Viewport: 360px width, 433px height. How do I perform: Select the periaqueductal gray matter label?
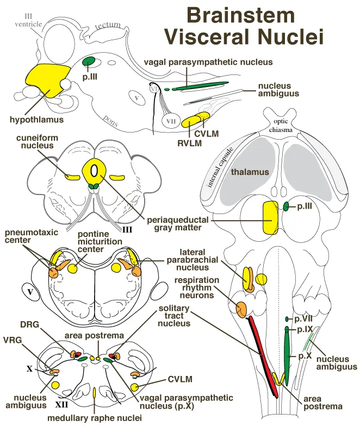click(x=175, y=223)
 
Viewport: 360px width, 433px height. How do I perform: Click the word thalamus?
click(x=250, y=172)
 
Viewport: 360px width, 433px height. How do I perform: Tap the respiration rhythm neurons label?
click(x=197, y=288)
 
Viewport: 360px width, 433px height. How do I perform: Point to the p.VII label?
click(x=302, y=319)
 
